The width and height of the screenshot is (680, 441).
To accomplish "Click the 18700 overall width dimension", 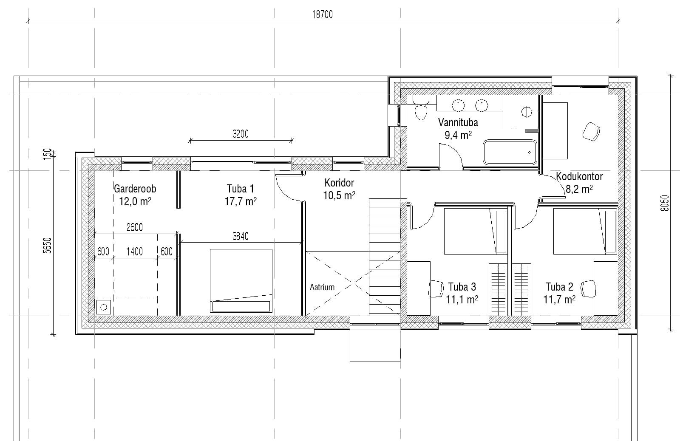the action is point(323,14).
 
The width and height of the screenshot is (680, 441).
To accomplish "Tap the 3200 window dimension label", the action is point(241,134).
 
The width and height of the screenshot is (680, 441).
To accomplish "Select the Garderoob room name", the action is point(135,189).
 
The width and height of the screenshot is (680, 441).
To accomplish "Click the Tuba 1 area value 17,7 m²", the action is point(241,201).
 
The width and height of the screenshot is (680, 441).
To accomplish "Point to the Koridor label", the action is point(339,183).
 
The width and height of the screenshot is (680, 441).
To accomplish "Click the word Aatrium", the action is point(322,287).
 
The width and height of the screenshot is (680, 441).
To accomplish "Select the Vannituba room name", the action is point(458,122).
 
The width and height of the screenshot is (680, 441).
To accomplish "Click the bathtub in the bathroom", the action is point(510,152).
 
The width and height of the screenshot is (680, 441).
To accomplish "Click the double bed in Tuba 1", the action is point(241,281).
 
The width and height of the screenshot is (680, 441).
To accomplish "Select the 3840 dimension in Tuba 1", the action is point(241,236).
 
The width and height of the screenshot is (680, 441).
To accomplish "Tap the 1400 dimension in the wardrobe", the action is point(134,252).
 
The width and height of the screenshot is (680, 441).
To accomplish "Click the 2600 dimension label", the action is point(134,227).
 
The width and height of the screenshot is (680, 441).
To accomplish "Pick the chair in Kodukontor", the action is point(591,131).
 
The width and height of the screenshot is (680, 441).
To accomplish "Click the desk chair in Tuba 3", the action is point(436,288).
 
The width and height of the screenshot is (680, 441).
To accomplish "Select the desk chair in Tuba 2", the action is point(588,288).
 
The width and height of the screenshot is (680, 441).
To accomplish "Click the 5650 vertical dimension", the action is point(48,246).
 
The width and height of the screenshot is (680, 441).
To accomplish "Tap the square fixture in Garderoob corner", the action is point(104,307).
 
